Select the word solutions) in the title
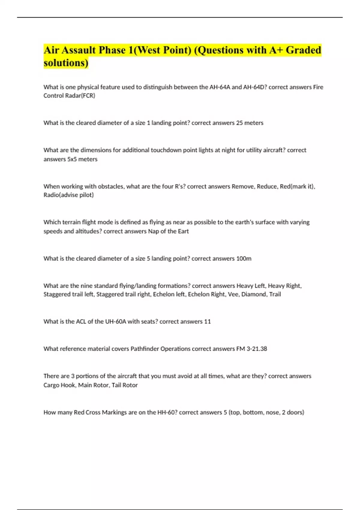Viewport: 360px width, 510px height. pyautogui.click(x=66, y=63)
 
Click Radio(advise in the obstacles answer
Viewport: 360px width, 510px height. pyautogui.click(x=60, y=195)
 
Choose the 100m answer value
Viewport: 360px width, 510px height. pyautogui.click(x=244, y=259)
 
